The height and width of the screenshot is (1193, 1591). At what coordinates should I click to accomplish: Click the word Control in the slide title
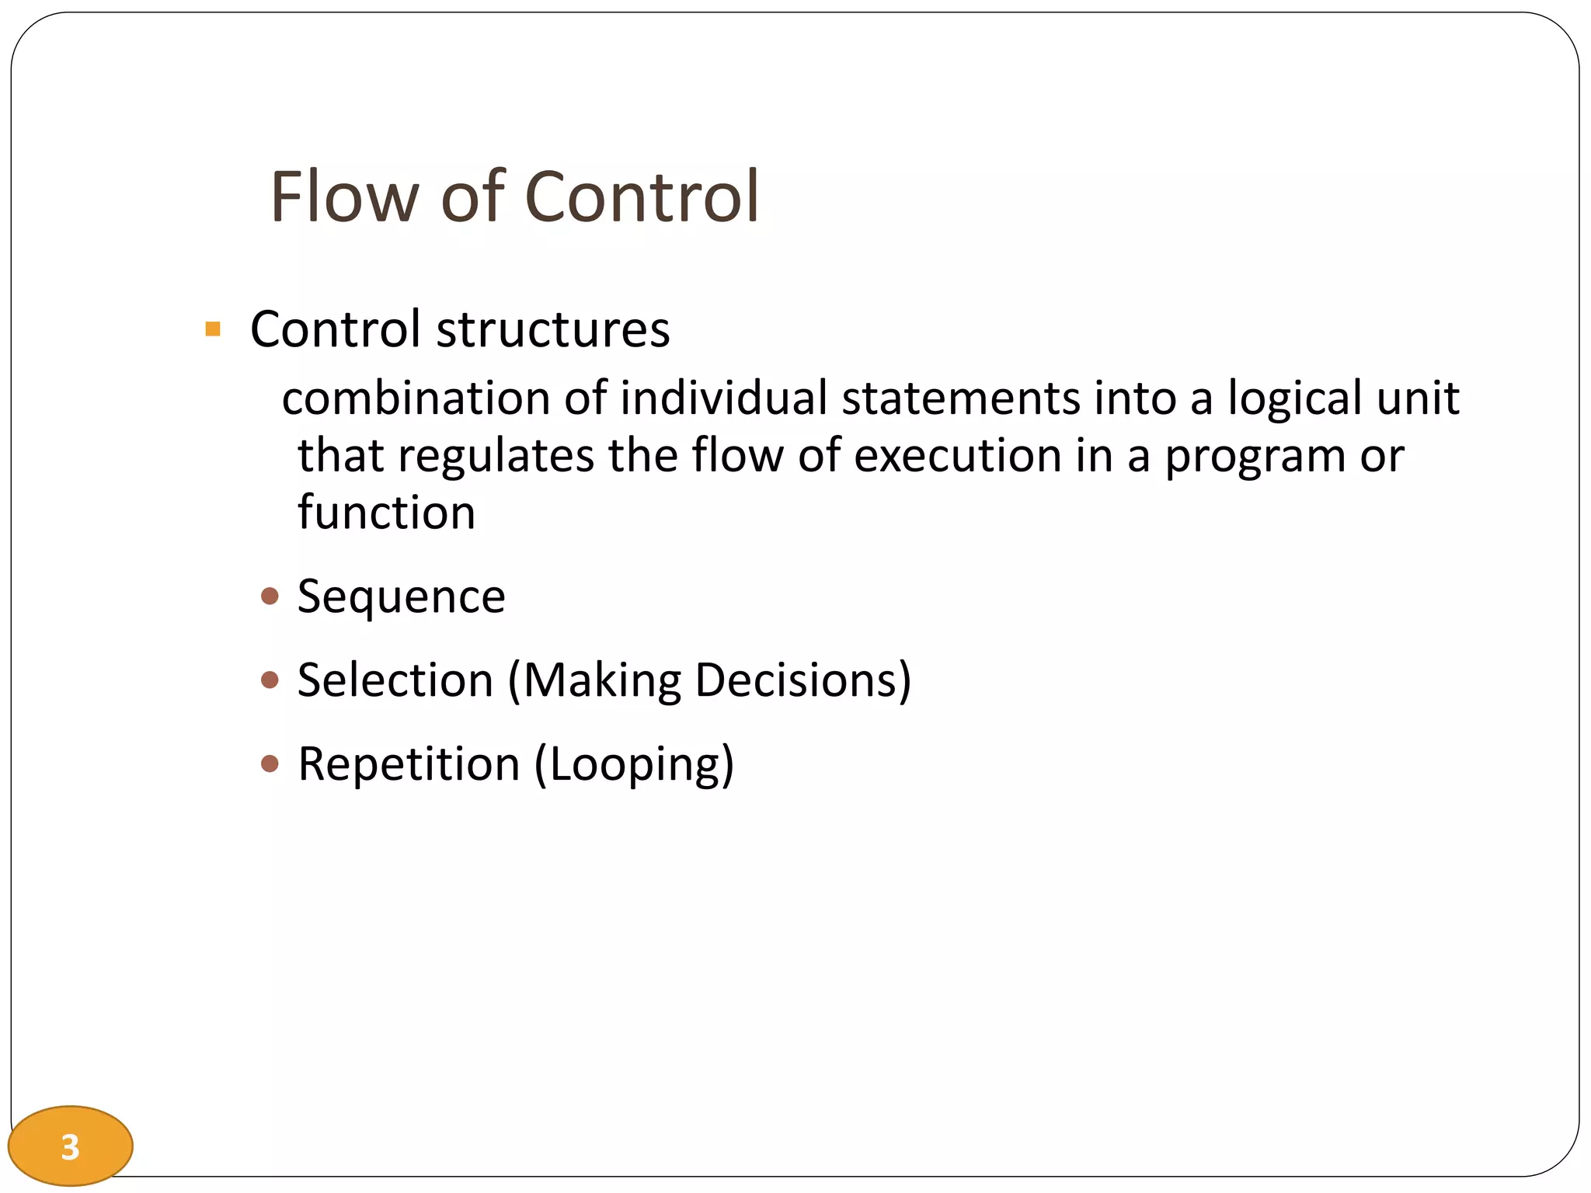pyautogui.click(x=642, y=197)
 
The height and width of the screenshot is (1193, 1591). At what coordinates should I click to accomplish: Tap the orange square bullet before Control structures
pyautogui.click(x=213, y=329)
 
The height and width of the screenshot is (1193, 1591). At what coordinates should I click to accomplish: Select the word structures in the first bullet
pyautogui.click(x=552, y=329)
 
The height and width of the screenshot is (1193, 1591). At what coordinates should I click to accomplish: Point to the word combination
pyautogui.click(x=416, y=398)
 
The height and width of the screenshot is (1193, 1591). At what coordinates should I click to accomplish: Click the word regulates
pyautogui.click(x=496, y=456)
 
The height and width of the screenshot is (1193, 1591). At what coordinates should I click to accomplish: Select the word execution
pyautogui.click(x=957, y=456)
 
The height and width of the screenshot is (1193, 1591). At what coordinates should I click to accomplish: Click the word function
pyautogui.click(x=386, y=513)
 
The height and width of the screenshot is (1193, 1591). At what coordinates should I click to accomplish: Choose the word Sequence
pyautogui.click(x=401, y=598)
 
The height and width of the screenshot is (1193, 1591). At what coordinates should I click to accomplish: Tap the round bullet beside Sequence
pyautogui.click(x=270, y=596)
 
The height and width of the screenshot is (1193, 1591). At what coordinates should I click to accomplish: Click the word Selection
pyautogui.click(x=395, y=680)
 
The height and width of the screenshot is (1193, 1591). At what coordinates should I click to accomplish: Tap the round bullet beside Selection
pyautogui.click(x=270, y=680)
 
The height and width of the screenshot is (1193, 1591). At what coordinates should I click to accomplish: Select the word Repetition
pyautogui.click(x=409, y=765)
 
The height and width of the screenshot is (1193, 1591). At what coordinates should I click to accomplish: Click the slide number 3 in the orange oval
pyautogui.click(x=70, y=1146)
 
